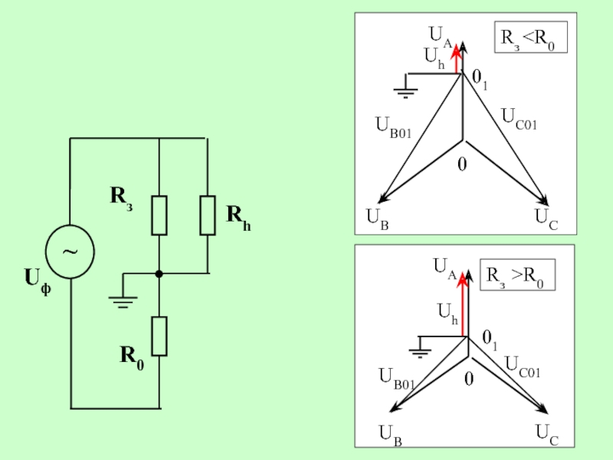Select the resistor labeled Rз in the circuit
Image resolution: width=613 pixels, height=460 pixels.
pyautogui.click(x=159, y=215)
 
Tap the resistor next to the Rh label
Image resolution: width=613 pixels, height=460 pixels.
pyautogui.click(x=208, y=215)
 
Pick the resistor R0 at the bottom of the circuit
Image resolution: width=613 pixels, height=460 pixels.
pyautogui.click(x=159, y=336)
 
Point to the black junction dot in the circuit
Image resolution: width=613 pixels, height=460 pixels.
pyautogui.click(x=159, y=274)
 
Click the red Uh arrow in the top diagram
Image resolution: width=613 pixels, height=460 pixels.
pyautogui.click(x=457, y=59)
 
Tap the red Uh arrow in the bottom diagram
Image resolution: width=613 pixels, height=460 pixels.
pyautogui.click(x=463, y=305)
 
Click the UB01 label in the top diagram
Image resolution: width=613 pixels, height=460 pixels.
pyautogui.click(x=393, y=127)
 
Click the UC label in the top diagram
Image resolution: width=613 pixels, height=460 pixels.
pyautogui.click(x=546, y=221)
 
